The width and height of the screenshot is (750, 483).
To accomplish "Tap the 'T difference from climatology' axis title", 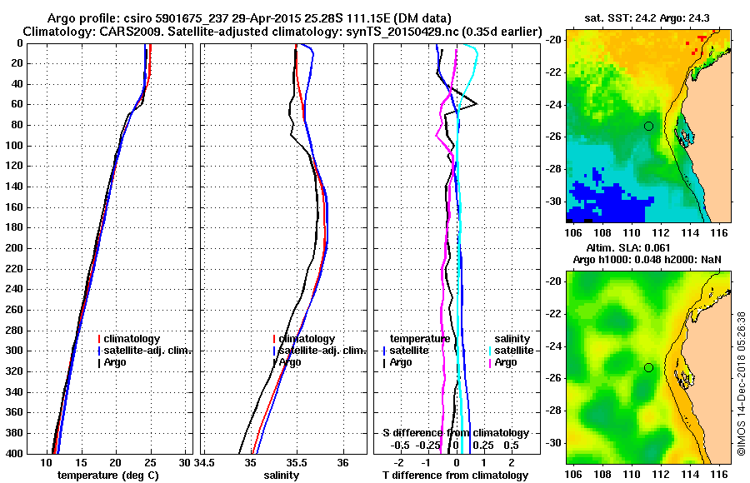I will click(455, 476).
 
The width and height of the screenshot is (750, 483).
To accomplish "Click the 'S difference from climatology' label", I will click(456, 433).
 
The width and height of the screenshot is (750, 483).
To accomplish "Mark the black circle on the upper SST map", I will click(648, 126).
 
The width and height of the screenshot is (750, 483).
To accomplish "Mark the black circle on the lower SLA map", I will click(648, 367).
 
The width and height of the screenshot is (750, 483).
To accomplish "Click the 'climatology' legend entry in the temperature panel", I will click(134, 339).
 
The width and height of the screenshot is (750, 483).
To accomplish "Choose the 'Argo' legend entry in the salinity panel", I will click(290, 362).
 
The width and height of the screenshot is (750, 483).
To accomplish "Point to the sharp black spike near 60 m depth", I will click(475, 103).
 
